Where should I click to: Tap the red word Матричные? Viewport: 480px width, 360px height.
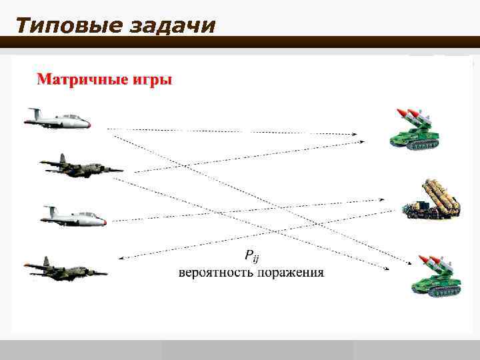tap(76, 80)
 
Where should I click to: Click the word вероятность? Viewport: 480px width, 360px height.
tap(212, 273)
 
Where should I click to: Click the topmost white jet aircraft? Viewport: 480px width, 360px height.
tap(57, 119)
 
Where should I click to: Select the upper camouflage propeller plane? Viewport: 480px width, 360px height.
tap(79, 165)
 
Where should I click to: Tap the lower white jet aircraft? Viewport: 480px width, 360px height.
tap(73, 217)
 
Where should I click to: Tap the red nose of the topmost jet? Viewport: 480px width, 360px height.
tap(87, 123)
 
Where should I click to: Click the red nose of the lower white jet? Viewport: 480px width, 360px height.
tap(103, 221)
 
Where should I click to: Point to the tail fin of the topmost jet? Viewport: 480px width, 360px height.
tap(33, 111)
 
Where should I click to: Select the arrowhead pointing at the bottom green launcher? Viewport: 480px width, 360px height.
tap(386, 269)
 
